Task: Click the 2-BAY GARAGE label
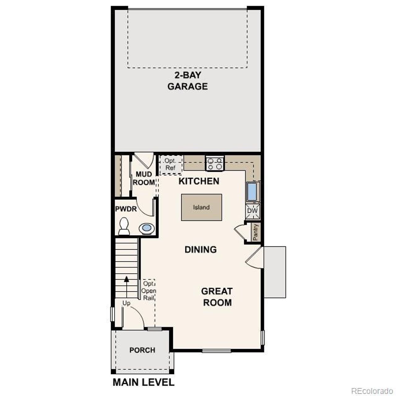pos(187,81)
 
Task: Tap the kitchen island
pos(201,207)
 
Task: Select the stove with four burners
pos(215,164)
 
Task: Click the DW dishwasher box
pos(252,211)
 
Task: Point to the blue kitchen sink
pos(252,192)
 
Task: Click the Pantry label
pos(256,232)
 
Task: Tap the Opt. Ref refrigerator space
pos(170,164)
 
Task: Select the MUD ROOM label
pos(144,179)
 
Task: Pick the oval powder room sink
pos(147,229)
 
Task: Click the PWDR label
pos(126,209)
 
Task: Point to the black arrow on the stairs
pos(126,279)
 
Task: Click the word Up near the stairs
pos(126,303)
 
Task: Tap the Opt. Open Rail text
pos(148,291)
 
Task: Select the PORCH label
pos(142,350)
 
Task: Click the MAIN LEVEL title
pos(144,382)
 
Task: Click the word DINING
pos(200,249)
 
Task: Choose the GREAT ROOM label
pos(217,297)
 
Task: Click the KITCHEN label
pos(199,181)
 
